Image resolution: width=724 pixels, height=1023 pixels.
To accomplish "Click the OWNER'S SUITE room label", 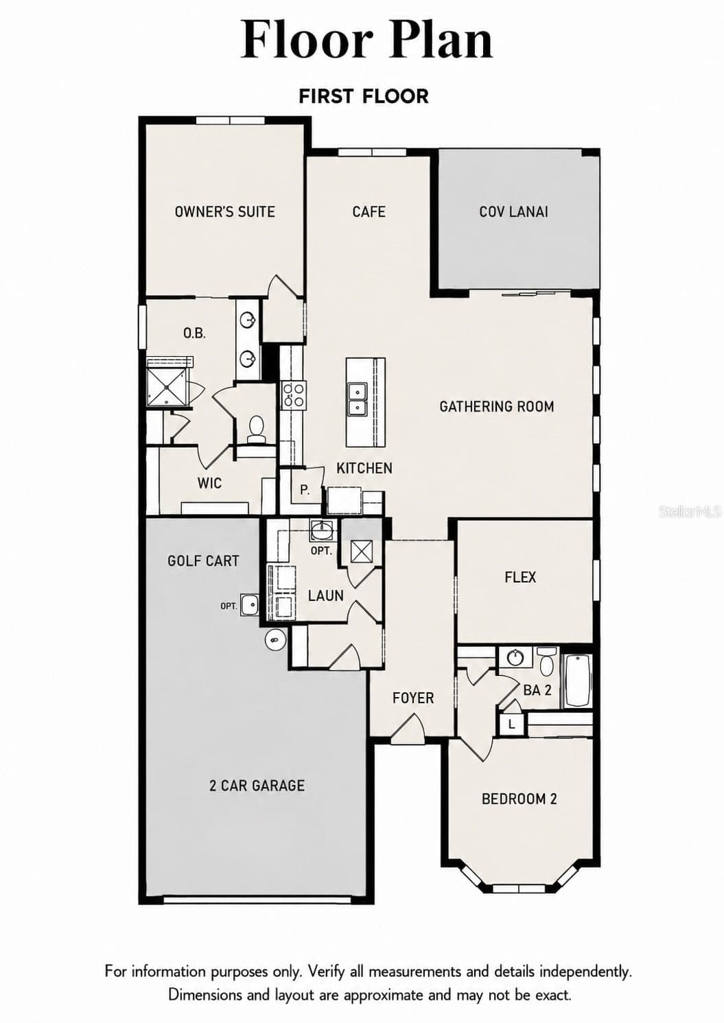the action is pos(224,212).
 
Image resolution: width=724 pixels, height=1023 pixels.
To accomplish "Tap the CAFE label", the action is pos(369,212).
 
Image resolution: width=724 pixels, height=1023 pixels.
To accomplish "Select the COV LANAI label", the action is pos(513,212).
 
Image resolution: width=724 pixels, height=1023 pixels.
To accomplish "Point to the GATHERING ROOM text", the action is pos(497,406).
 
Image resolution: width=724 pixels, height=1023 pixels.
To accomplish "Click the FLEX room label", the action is pos(520,577).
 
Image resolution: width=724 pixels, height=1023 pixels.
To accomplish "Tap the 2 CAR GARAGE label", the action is pos(257,786).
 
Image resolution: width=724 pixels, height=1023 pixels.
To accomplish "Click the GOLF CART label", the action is pos(203,561).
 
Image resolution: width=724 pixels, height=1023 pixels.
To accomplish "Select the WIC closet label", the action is pos(210,483).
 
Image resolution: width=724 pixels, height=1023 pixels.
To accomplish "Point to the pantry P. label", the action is pos(305,491).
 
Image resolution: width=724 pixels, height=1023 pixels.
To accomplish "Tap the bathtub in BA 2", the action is pos(579,681).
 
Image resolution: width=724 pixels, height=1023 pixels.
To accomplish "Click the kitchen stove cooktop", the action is pos(293,395).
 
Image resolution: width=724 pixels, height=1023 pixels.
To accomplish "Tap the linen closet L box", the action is pos(511,724).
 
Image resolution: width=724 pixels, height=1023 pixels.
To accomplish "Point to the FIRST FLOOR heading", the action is pos(364,96).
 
